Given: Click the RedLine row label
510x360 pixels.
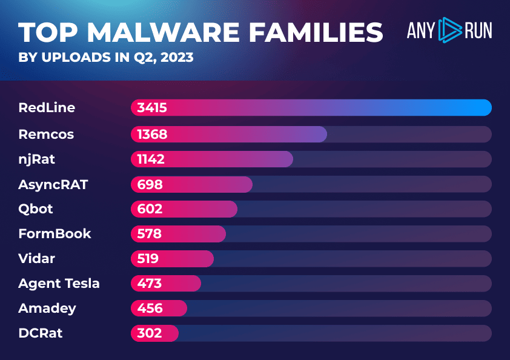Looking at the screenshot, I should [x=47, y=108].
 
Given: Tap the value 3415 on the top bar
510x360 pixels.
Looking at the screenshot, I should [x=152, y=108].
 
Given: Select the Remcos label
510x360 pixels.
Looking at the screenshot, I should [x=46, y=134].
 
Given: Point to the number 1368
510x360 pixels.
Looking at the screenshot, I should [x=152, y=134].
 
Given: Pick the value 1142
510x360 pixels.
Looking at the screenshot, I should [x=151, y=159].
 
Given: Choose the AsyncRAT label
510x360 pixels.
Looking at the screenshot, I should [x=53, y=184].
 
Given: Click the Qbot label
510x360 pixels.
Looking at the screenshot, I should [x=36, y=208].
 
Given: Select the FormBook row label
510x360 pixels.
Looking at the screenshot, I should [x=55, y=234].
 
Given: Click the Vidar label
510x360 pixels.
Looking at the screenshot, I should [x=36, y=259].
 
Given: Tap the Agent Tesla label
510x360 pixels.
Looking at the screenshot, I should [x=59, y=284].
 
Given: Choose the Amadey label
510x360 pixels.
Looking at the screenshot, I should [x=47, y=308].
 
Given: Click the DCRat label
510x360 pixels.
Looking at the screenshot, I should [x=40, y=333].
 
